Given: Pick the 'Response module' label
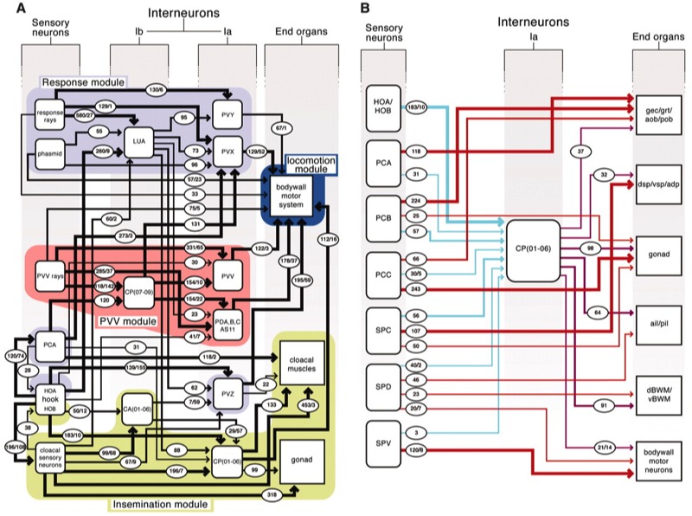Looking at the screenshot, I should point(83,81).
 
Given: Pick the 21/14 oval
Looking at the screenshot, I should point(605,446).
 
